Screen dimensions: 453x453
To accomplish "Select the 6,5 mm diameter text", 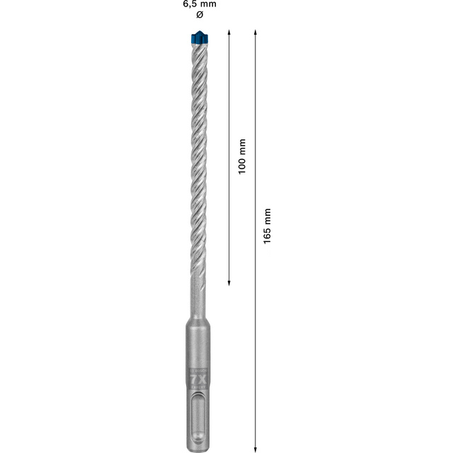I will [x=198, y=4].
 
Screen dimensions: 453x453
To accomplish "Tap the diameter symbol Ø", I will [x=198, y=16].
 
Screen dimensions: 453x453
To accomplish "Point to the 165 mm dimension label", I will [x=267, y=226].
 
